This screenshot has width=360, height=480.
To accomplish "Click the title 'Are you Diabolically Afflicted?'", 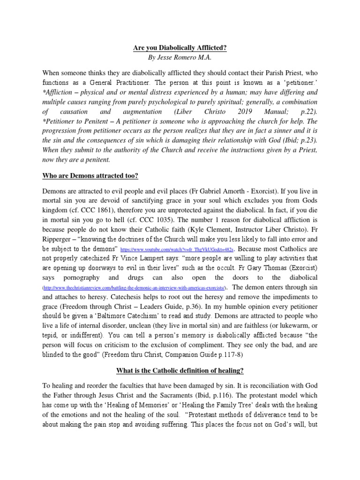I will pos(180,48).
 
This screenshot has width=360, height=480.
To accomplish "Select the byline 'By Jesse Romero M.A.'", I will pos(180,58).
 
